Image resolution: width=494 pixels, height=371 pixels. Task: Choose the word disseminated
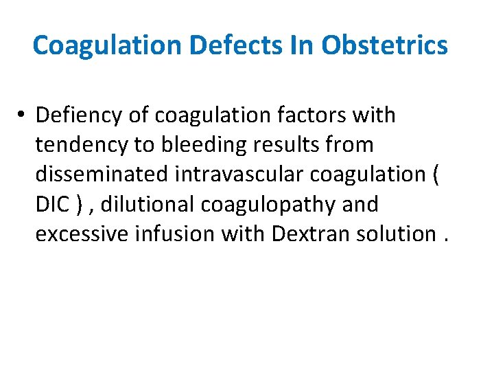[101, 175]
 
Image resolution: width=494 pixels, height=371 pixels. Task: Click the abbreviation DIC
[50, 204]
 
